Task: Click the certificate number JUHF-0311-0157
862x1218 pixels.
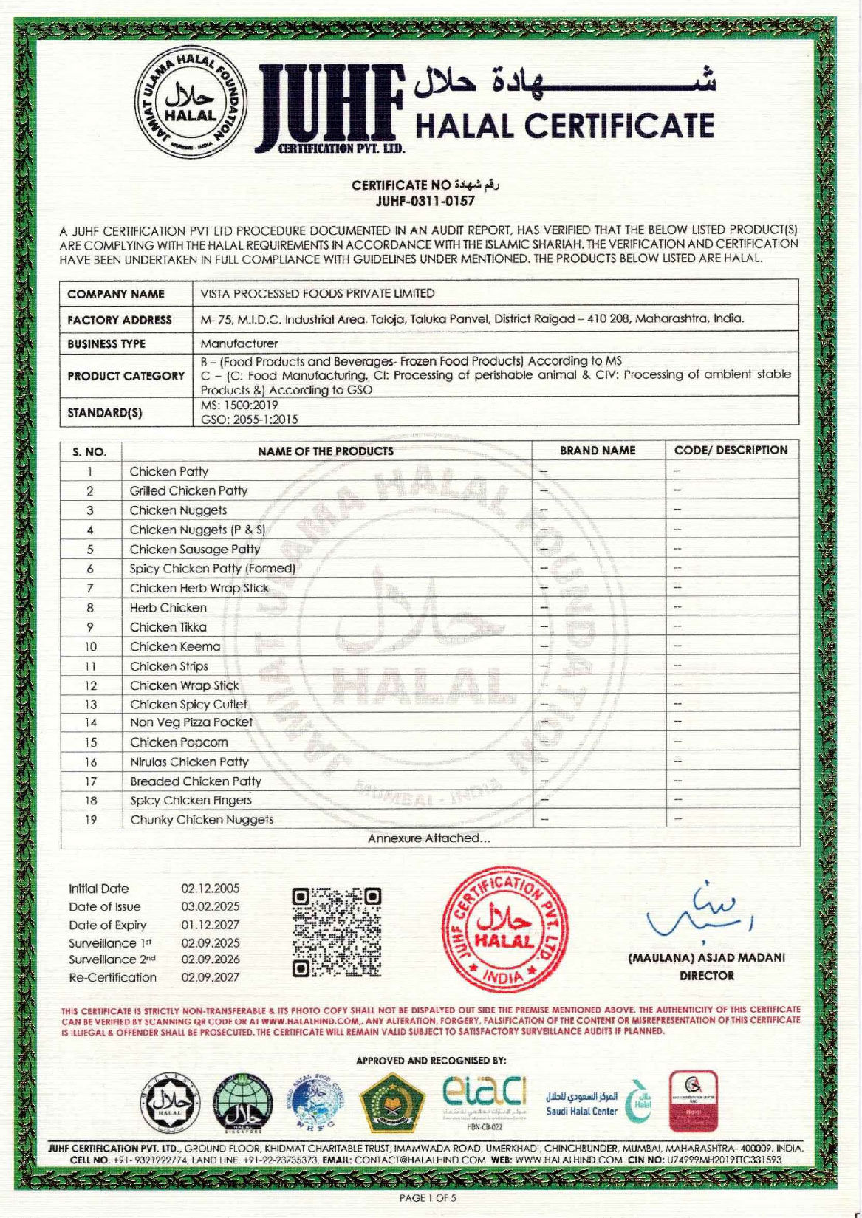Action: [425, 200]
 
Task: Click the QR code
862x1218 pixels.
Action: [337, 932]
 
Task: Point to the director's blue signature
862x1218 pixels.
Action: [699, 913]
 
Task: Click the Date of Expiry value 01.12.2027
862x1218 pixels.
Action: [211, 925]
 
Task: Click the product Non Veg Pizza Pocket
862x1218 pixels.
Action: [191, 722]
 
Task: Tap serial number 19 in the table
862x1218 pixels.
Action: [90, 820]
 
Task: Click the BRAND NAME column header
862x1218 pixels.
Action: [597, 450]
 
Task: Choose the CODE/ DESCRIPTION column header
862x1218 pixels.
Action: [731, 450]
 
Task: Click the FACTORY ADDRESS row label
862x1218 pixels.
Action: [120, 320]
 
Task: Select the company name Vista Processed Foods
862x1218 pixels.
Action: [318, 293]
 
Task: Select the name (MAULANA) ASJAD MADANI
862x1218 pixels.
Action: [706, 958]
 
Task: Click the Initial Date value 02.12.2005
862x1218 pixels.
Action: [211, 889]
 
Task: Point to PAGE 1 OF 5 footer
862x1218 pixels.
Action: [428, 1198]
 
